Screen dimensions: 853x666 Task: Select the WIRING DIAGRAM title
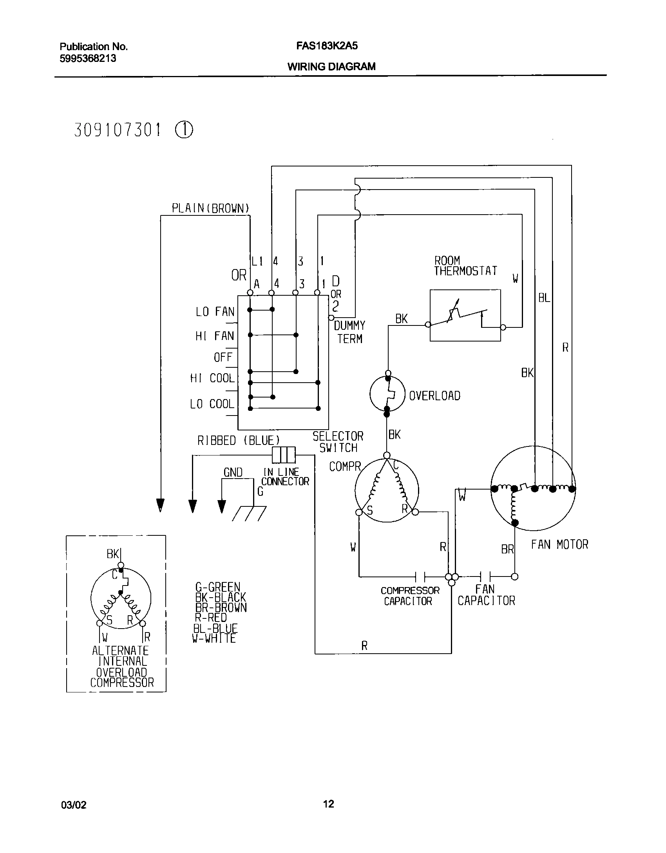click(x=331, y=67)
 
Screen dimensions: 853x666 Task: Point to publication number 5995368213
click(x=88, y=58)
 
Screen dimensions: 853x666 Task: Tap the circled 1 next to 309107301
click(x=184, y=130)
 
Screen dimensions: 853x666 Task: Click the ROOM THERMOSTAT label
click(x=465, y=266)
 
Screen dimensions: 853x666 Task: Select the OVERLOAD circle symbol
click(x=387, y=394)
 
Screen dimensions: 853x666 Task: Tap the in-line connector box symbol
click(x=284, y=455)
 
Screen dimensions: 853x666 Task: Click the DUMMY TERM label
click(x=349, y=332)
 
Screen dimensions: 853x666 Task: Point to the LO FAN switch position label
click(x=215, y=312)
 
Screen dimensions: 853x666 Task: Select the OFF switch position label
click(x=223, y=357)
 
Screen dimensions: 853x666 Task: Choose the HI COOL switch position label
click(x=212, y=378)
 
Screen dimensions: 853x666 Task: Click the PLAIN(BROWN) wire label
click(x=211, y=208)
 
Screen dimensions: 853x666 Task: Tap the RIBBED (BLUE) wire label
click(x=239, y=441)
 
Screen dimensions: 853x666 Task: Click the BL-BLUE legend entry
click(x=215, y=628)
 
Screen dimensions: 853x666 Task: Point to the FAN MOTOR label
click(x=559, y=544)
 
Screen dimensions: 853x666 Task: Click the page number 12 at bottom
click(x=329, y=804)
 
